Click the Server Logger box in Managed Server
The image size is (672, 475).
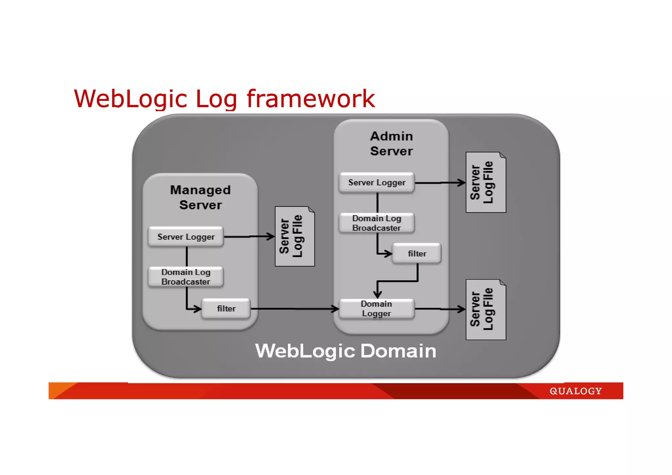[x=186, y=237]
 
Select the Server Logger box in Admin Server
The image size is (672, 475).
[x=377, y=183]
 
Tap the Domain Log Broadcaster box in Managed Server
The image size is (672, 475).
[x=186, y=277]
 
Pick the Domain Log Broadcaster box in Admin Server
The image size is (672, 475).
[x=377, y=223]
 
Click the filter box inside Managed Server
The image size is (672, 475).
[x=226, y=309]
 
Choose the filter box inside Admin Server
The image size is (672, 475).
[x=417, y=253]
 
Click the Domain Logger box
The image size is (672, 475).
[x=376, y=309]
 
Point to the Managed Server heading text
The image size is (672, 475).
[x=200, y=197]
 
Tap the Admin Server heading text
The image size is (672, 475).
[x=391, y=143]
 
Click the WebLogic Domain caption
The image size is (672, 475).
[x=346, y=351]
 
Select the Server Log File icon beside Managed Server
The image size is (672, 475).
[x=295, y=236]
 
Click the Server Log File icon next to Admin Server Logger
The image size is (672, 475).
[x=486, y=183]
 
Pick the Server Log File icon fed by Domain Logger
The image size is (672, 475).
[x=486, y=310]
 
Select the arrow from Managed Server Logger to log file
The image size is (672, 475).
[x=249, y=236]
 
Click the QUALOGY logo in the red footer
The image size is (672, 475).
[x=576, y=391]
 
